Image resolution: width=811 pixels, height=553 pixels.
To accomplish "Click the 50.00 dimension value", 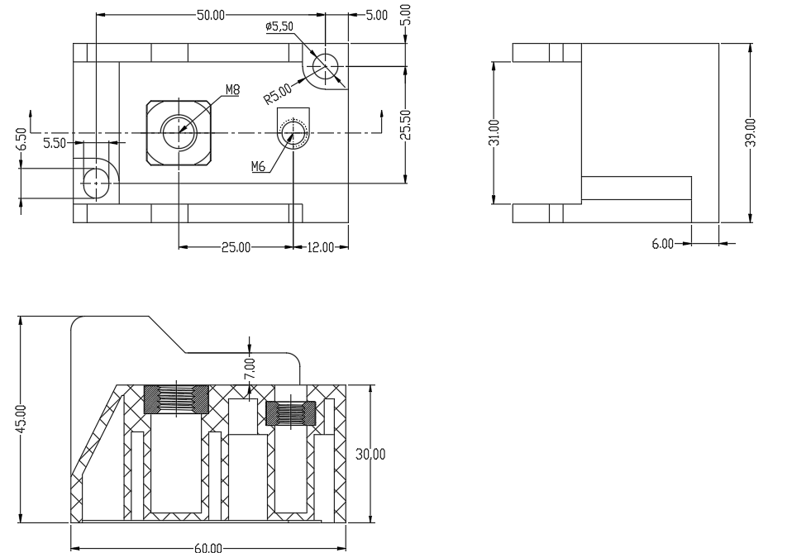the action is click(211, 15).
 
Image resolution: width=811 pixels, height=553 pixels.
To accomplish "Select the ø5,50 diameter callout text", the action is click(279, 26).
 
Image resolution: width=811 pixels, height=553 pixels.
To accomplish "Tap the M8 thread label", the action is click(233, 89).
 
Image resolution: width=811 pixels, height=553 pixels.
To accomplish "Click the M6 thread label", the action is click(258, 166).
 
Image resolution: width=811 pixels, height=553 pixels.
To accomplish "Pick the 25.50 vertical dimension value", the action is click(405, 124).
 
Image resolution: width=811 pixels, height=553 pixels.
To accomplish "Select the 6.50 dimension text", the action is click(21, 139).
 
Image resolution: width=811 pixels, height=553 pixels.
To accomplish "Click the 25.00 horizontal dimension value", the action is click(236, 247).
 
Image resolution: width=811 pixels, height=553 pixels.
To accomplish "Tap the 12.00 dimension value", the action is click(321, 247).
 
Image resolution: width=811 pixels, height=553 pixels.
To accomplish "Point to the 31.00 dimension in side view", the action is click(494, 133).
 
